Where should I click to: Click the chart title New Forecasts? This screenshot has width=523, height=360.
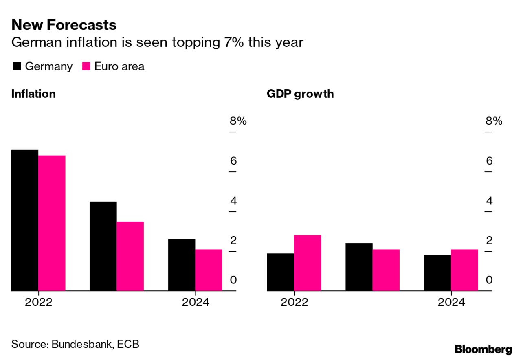[x=64, y=25]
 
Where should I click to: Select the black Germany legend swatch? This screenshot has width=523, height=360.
[x=17, y=66]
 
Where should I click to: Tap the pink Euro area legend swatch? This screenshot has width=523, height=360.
[x=86, y=66]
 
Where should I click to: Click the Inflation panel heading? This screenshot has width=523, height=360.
[x=33, y=94]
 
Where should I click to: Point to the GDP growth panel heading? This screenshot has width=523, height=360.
[x=300, y=94]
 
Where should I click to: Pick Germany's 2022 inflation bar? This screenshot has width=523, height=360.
[x=25, y=220]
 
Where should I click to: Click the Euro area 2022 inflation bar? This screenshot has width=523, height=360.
[x=52, y=223]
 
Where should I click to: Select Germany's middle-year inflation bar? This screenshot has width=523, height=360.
[x=103, y=246]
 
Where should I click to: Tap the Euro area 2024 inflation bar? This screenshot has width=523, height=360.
[x=209, y=270]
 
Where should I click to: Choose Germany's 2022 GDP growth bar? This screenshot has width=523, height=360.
[x=281, y=272]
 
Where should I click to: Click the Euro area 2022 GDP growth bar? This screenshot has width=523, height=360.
[x=308, y=263]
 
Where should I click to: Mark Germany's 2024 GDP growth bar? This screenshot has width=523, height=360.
[x=437, y=273]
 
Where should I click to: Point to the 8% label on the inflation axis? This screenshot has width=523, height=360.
[x=238, y=121]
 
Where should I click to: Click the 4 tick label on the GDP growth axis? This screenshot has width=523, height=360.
[x=489, y=201]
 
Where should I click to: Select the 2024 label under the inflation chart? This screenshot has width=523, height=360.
[x=195, y=302]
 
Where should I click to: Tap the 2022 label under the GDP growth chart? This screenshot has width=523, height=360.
[x=294, y=302]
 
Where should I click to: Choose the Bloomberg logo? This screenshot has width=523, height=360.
[x=483, y=349]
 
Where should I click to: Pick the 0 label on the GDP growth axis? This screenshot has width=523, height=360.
[x=489, y=280]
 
